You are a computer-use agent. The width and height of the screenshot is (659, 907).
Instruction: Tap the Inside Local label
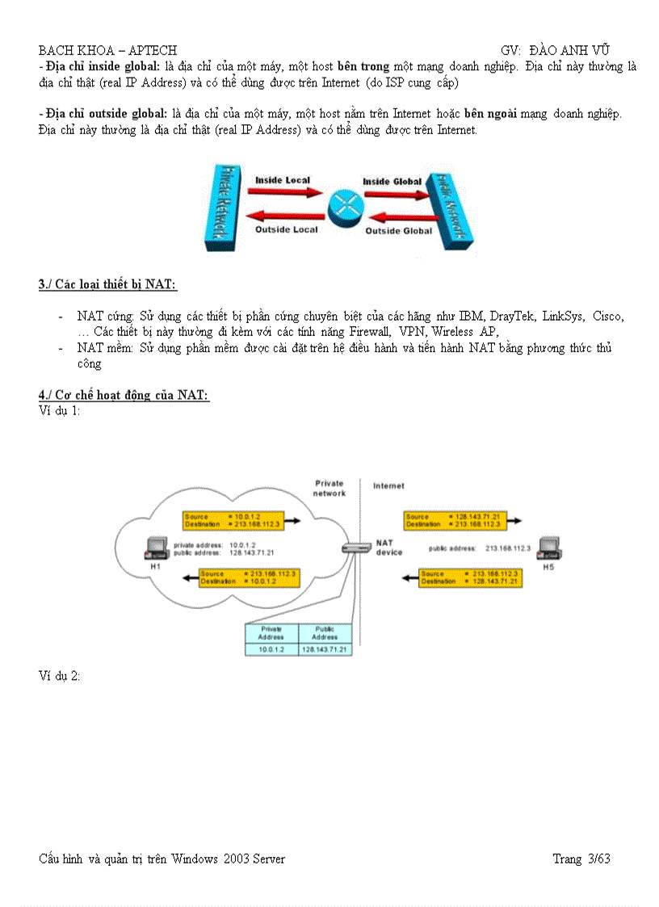tap(283, 179)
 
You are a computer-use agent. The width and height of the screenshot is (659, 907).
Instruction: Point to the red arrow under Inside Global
tap(392, 194)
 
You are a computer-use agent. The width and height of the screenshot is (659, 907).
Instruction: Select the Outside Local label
tap(287, 229)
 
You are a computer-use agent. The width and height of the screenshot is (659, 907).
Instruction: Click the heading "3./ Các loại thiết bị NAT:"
tap(107, 284)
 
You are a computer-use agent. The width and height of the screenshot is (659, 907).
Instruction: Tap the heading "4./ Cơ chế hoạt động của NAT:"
tap(124, 395)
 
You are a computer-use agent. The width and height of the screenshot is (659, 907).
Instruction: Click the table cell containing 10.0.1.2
tap(271, 649)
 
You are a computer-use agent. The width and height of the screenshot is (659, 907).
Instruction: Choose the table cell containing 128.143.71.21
tap(325, 649)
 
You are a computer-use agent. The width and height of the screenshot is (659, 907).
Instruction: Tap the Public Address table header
tap(325, 632)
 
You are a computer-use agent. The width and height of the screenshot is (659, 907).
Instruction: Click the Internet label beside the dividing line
tap(389, 486)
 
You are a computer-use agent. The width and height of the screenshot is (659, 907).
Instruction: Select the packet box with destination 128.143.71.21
tap(468, 577)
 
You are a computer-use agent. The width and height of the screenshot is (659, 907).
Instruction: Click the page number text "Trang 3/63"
tap(581, 859)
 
